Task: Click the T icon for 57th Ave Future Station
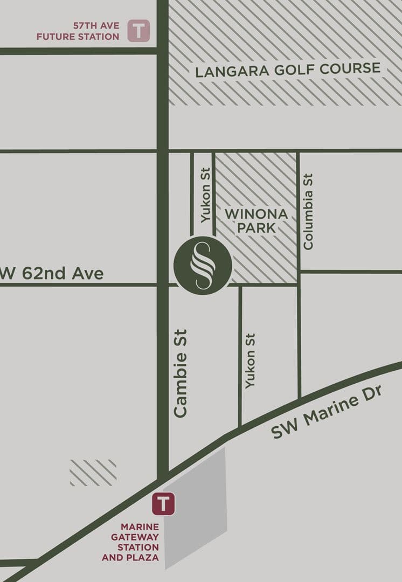[x=138, y=31]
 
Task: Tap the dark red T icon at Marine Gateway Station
[x=163, y=504]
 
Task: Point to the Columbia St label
[x=308, y=211]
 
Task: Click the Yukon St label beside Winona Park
[x=205, y=195]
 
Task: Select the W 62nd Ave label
[x=53, y=273]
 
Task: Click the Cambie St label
[x=181, y=373]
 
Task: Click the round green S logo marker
[x=203, y=265]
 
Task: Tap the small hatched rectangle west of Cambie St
[x=93, y=473]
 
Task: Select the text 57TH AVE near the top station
[x=96, y=25]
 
